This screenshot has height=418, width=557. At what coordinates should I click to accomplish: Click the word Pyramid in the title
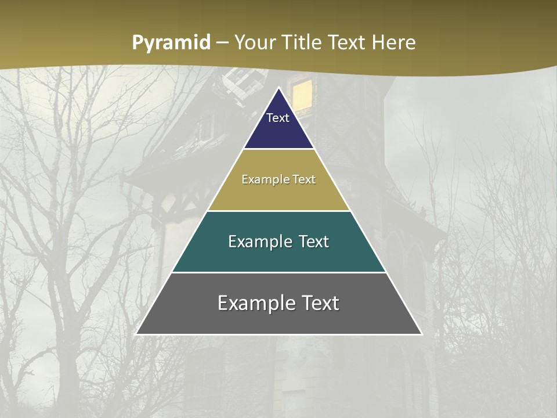coord(171,43)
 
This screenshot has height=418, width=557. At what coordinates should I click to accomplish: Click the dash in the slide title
coord(223,43)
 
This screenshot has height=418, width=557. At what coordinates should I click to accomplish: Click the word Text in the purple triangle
coord(278,118)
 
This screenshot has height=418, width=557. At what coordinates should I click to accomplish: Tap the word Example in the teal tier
coord(259,242)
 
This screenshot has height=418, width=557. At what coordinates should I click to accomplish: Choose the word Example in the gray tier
coord(254,303)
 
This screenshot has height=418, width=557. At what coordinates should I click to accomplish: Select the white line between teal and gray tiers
coord(278,272)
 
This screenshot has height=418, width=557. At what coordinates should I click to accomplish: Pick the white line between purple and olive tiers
coord(278,149)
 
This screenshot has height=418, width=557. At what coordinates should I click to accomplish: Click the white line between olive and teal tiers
coord(278,211)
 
